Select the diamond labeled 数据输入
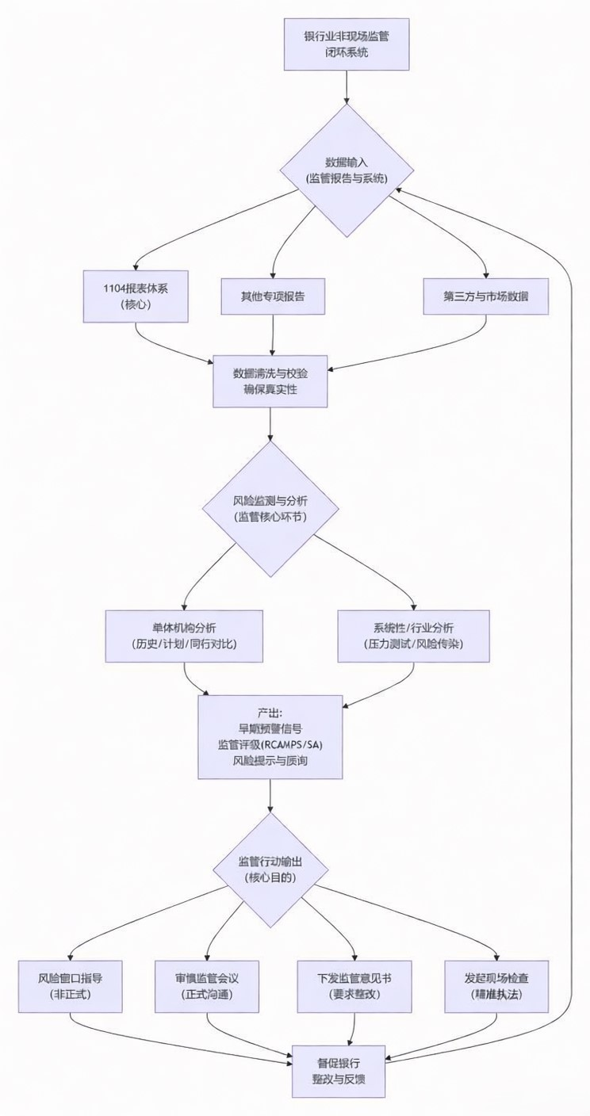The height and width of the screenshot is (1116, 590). pyautogui.click(x=347, y=170)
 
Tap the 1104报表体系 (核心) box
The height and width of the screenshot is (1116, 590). pyautogui.click(x=136, y=296)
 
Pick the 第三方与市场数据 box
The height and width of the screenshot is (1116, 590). pyautogui.click(x=485, y=296)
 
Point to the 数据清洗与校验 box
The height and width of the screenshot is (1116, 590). pyautogui.click(x=270, y=381)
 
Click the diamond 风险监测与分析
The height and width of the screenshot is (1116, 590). pyautogui.click(x=271, y=509)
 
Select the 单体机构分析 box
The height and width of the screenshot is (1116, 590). pyautogui.click(x=184, y=636)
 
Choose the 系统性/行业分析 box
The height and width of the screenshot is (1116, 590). pyautogui.click(x=412, y=636)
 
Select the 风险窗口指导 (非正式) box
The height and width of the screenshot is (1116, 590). pyautogui.click(x=70, y=986)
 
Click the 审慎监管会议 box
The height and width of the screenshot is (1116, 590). pyautogui.click(x=207, y=986)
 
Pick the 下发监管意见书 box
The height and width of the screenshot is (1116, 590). pyautogui.click(x=354, y=986)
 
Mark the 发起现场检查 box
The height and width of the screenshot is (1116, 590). pyautogui.click(x=497, y=986)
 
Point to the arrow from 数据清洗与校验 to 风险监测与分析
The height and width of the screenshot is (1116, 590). pyautogui.click(x=270, y=423)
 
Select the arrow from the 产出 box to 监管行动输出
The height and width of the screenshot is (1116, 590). pyautogui.click(x=270, y=794)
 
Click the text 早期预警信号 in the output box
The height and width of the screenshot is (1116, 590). pyautogui.click(x=270, y=728)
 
